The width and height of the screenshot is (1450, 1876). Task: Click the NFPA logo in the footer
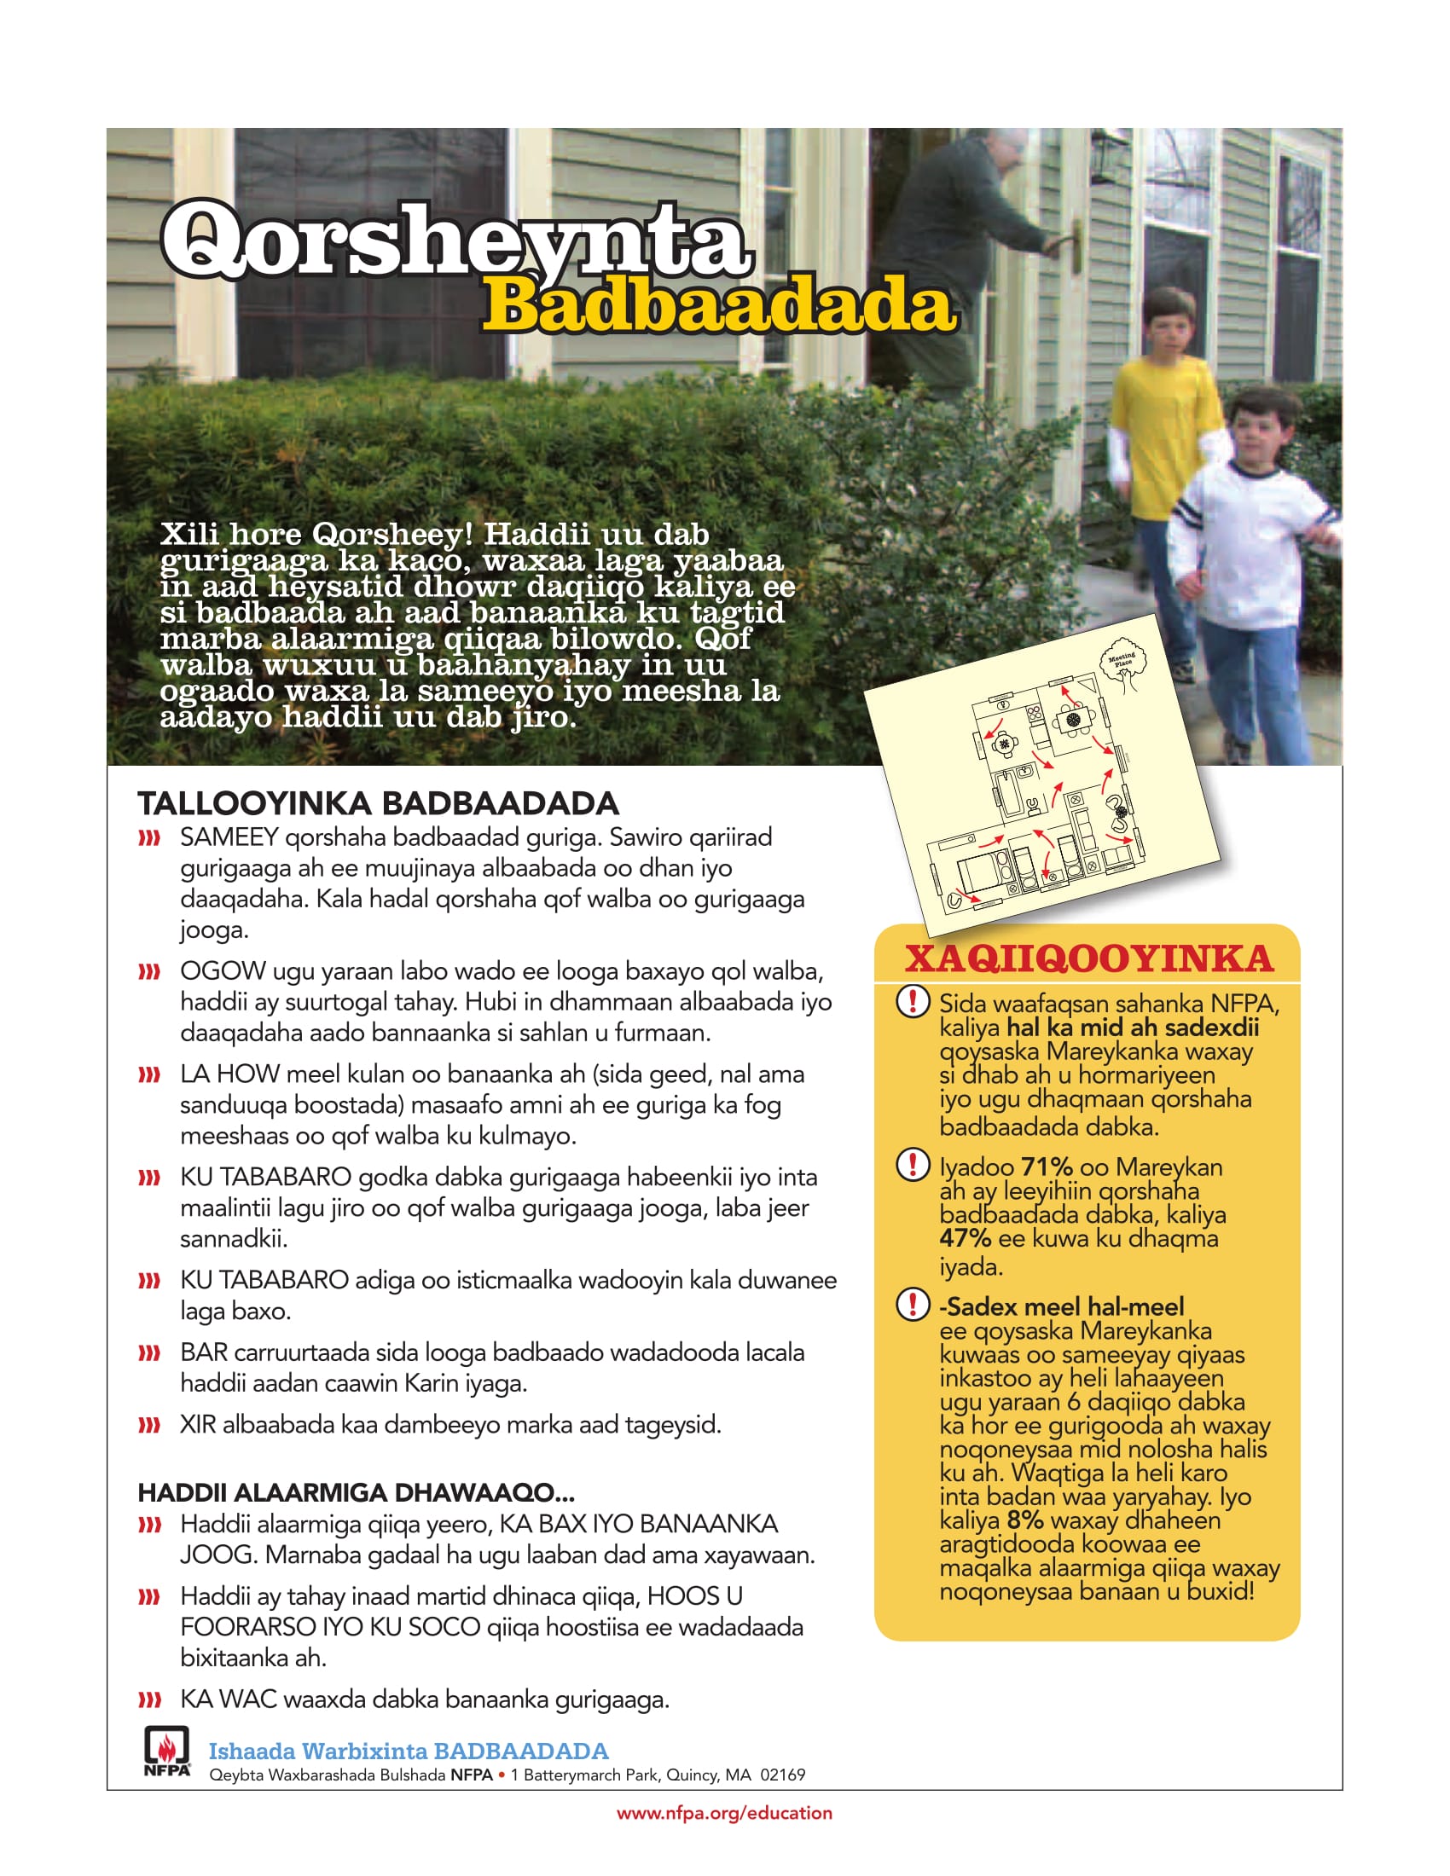click(166, 1752)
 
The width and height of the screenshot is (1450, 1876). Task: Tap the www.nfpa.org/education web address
click(724, 1813)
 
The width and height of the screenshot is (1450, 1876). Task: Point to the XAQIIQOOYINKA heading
click(1088, 958)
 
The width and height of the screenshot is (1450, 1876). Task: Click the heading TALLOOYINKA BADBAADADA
click(378, 803)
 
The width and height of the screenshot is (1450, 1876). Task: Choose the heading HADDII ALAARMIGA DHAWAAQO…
click(356, 1492)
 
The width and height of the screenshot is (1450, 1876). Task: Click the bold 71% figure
click(1047, 1167)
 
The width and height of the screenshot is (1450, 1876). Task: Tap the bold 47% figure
click(965, 1238)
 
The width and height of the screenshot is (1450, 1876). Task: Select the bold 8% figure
click(1024, 1520)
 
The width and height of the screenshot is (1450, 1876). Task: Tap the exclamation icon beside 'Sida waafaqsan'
click(913, 1001)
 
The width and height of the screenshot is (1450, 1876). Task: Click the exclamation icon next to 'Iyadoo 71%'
click(913, 1164)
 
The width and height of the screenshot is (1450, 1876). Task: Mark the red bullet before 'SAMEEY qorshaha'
click(149, 837)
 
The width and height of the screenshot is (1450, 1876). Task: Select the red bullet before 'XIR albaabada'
click(149, 1425)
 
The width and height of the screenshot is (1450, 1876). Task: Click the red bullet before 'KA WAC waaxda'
click(149, 1699)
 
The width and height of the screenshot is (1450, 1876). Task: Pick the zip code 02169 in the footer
click(781, 1775)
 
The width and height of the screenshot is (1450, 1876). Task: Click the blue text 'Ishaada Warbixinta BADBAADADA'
click(408, 1751)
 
